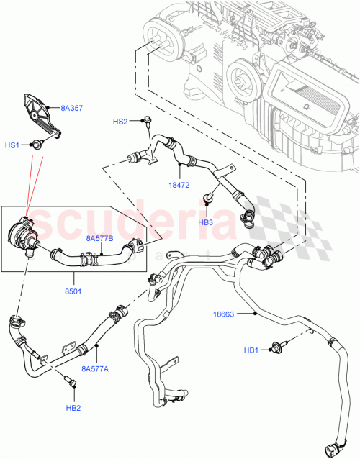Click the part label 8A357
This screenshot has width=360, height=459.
(x=72, y=109)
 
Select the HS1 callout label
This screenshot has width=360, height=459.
(x=13, y=145)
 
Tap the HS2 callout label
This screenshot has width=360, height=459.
(x=120, y=122)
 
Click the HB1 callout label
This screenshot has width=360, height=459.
(x=251, y=350)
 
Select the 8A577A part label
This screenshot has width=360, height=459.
(x=96, y=368)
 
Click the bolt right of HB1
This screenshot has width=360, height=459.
(x=276, y=349)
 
